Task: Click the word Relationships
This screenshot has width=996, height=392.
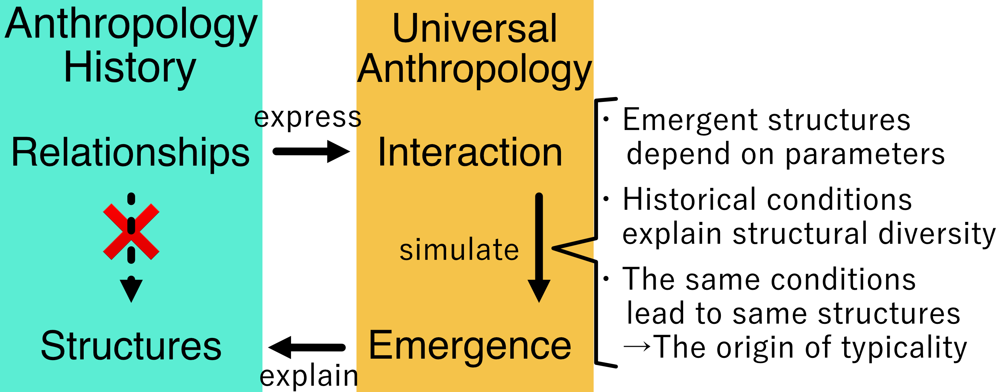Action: (x=131, y=153)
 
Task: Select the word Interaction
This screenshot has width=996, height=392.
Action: (x=470, y=153)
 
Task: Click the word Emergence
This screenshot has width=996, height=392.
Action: (x=470, y=346)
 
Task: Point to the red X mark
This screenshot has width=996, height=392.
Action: (x=131, y=232)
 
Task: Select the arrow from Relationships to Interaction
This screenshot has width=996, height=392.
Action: (x=311, y=151)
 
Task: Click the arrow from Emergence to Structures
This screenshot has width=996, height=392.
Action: (x=307, y=347)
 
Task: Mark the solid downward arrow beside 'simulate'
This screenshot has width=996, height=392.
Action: (x=539, y=248)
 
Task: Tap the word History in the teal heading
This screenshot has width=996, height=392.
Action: (x=130, y=68)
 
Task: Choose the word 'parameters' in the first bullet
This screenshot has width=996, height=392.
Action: (x=865, y=154)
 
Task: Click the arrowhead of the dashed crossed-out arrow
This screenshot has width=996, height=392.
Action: (x=131, y=289)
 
